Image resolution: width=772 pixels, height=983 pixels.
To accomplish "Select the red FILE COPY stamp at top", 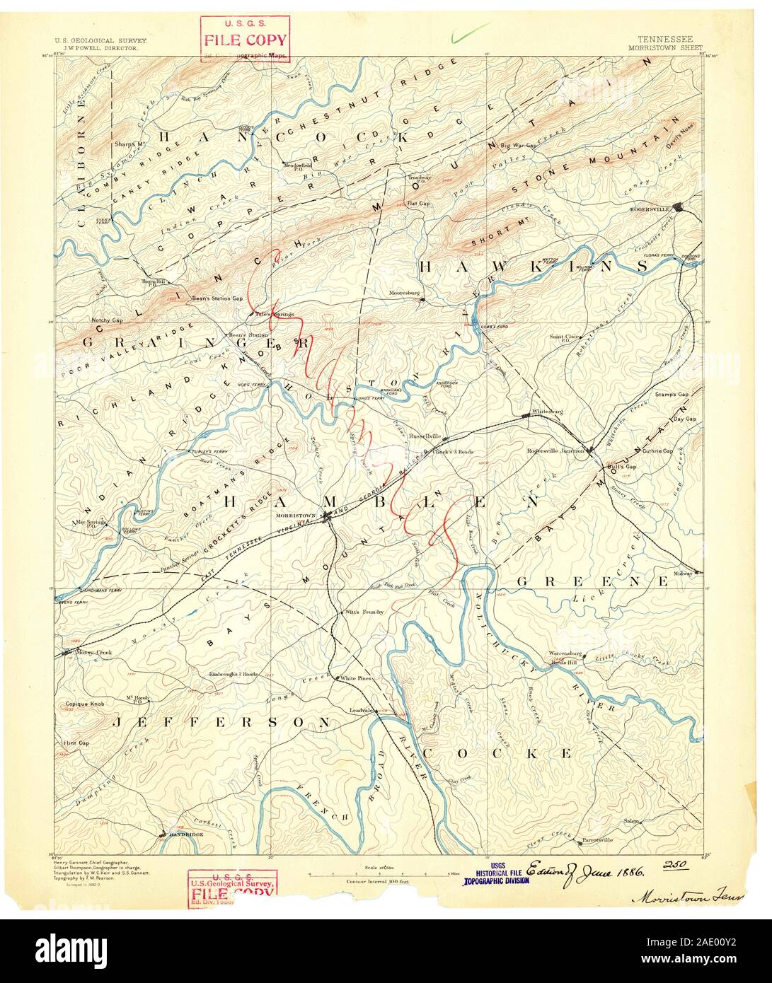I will pos(244,39).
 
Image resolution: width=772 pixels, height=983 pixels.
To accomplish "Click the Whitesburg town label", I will pos(546,411).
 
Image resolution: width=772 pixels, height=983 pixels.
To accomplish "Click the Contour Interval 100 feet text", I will pos(379,881).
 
